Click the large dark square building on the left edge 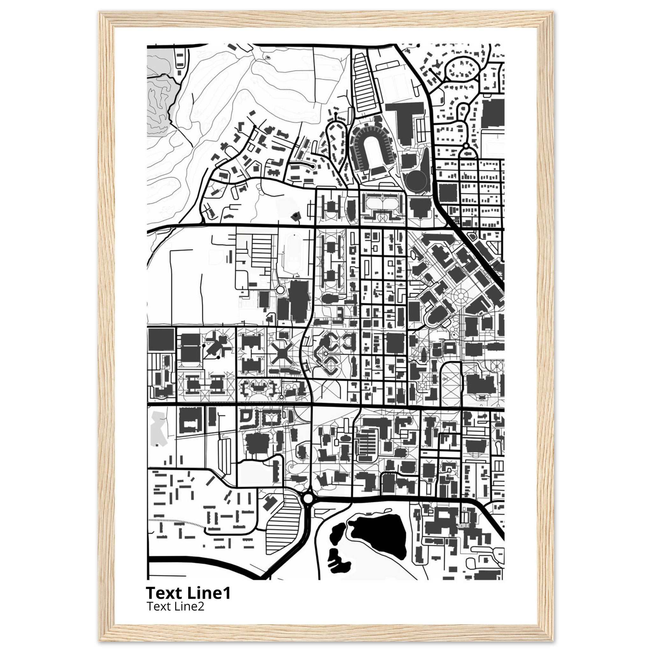[x=161, y=339]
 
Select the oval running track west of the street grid [x=293, y=253]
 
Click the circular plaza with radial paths [x=460, y=297]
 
